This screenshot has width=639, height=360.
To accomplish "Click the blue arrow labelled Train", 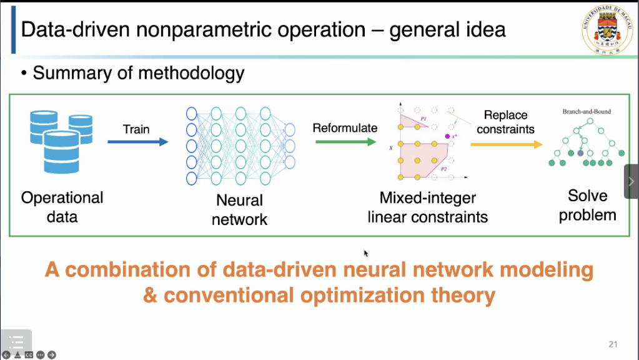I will point(137,142).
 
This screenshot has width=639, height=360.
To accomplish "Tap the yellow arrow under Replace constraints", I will point(506,144).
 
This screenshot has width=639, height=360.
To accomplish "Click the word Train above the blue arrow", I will point(136,129).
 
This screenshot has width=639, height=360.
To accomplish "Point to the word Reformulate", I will point(345,128).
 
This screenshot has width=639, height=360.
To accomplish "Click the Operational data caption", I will point(62,207).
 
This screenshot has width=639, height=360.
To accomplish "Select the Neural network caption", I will point(239,210).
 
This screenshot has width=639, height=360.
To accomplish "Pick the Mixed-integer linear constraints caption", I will point(428,207).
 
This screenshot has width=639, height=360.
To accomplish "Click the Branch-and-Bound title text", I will point(587,111).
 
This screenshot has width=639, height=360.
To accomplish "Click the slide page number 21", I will point(613,344).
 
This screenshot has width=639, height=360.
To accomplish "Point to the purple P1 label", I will point(423,117).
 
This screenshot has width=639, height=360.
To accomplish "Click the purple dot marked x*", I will point(447,136).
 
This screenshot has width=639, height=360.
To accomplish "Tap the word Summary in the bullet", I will point(66,73).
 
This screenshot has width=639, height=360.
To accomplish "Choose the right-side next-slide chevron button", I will point(631,181).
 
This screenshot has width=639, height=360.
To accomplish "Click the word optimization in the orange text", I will point(350,294).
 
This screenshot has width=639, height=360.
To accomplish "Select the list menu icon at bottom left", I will point(16,341).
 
